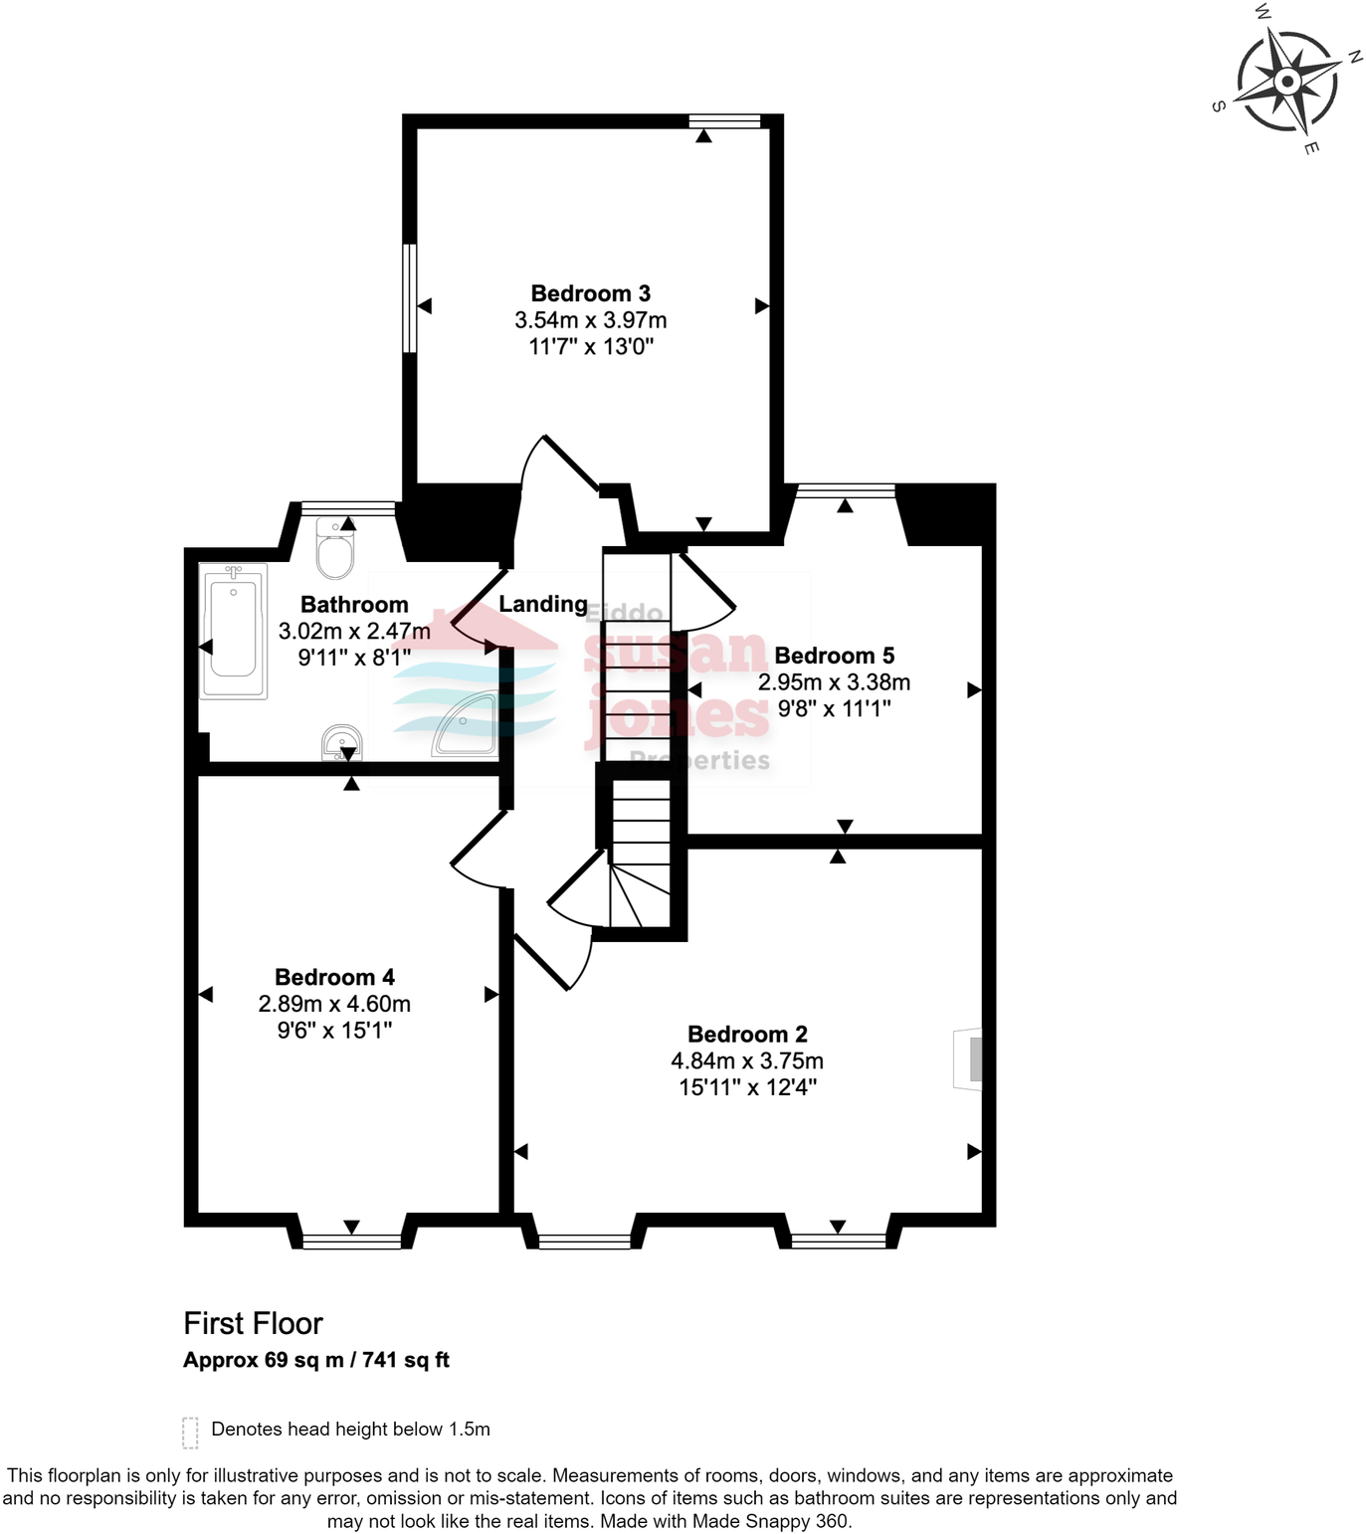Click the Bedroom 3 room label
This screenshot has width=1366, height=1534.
(590, 293)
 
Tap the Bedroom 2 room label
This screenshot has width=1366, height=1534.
(747, 1035)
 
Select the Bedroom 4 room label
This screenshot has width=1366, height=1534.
(334, 977)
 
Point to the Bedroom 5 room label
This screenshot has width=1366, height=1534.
(834, 656)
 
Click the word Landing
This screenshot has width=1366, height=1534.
(543, 604)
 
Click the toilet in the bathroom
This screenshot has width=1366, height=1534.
(334, 549)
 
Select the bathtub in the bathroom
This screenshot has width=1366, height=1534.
(233, 631)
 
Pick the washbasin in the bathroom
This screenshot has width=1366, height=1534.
(341, 743)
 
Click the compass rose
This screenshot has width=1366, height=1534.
(1287, 81)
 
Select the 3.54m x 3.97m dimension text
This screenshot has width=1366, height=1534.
(590, 320)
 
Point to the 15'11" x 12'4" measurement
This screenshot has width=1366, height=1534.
(747, 1087)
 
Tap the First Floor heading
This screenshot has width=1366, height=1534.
(253, 1323)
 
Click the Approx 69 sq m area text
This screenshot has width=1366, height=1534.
(263, 1360)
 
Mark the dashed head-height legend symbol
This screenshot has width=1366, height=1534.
(190, 1432)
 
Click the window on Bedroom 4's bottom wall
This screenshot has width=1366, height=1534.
(351, 1241)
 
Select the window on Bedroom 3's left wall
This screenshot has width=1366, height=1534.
(408, 297)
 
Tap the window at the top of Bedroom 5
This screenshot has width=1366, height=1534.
(846, 489)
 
